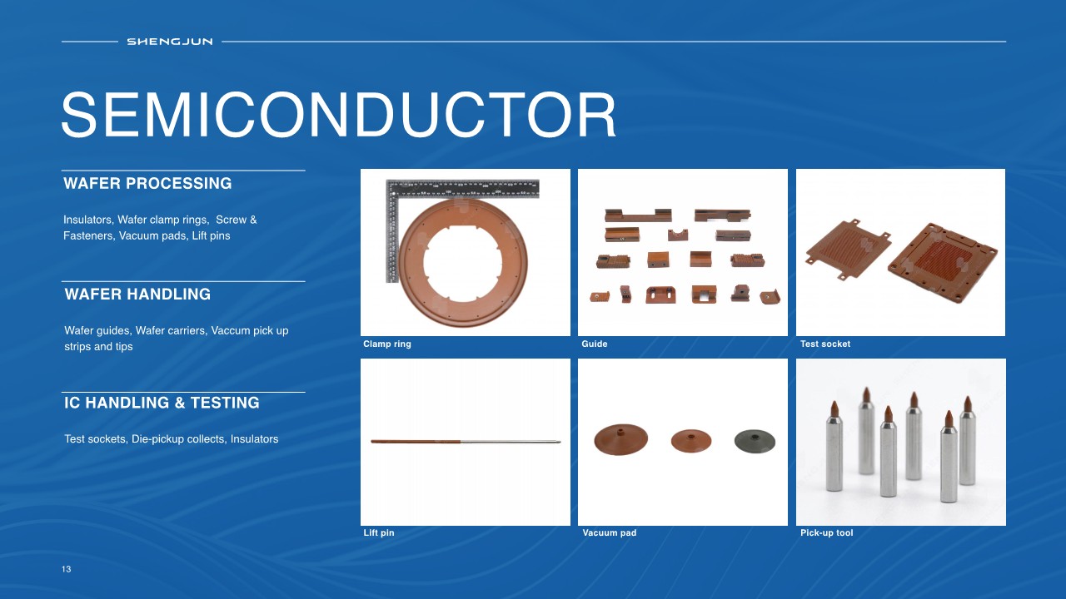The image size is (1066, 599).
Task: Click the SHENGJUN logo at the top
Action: (169, 42)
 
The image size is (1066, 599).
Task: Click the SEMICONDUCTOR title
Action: (338, 115)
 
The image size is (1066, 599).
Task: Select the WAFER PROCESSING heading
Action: (147, 184)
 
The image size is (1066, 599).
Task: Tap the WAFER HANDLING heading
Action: (137, 295)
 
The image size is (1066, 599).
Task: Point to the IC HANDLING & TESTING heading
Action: (162, 403)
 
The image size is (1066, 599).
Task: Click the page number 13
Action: (66, 569)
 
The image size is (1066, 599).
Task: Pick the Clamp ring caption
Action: (387, 344)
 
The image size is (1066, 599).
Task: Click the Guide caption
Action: (595, 344)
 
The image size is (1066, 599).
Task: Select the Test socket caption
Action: (825, 344)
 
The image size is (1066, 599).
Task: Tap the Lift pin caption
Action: (379, 533)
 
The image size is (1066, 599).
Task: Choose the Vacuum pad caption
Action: (609, 533)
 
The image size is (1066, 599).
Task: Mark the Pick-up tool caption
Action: (827, 533)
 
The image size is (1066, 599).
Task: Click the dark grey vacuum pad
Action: (755, 442)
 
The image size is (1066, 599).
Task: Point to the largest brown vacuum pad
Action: (621, 440)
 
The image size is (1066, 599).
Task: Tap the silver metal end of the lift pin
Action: (511, 442)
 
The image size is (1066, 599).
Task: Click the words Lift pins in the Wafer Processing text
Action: (211, 235)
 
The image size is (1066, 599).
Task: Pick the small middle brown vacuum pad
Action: (691, 441)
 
